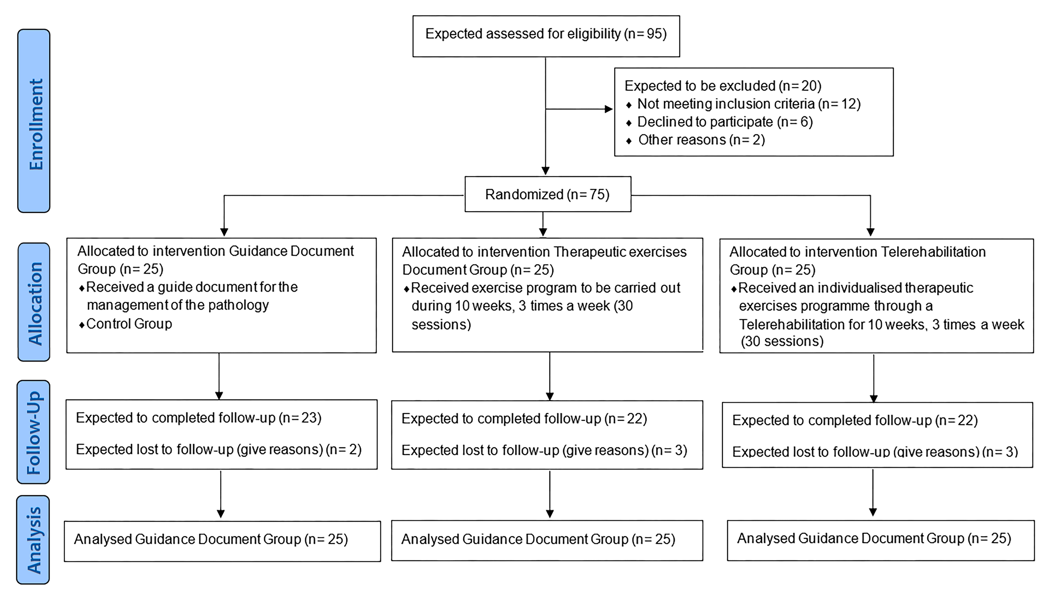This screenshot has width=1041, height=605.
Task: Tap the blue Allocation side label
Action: point(34,302)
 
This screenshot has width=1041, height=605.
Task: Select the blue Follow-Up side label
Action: point(34,432)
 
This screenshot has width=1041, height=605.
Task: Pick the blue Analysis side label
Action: point(33,540)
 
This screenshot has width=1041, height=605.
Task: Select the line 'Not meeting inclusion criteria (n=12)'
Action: point(748,104)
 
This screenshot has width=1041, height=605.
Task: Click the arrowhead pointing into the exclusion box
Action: point(608,109)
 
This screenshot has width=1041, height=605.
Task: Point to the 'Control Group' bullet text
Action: point(129,324)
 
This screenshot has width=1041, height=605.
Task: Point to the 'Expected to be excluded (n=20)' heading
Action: point(723,86)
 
